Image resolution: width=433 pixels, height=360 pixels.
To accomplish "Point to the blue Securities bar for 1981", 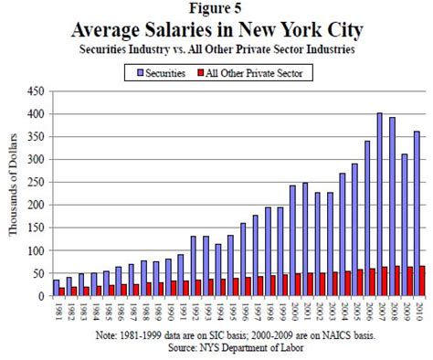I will (x=56, y=288).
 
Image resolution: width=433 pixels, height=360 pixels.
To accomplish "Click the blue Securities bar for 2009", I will (x=404, y=225).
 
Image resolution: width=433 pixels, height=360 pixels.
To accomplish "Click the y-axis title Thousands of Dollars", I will (x=14, y=192).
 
